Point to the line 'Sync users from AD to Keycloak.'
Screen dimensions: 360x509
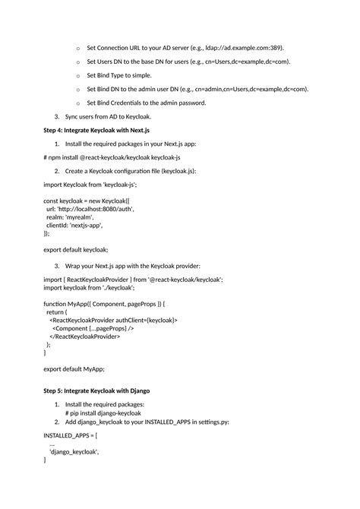tap(108, 116)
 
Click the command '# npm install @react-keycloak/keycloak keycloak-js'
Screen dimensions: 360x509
tap(112, 157)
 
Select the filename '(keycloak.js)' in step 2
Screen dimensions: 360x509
tap(177, 171)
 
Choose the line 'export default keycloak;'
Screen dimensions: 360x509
tap(76, 249)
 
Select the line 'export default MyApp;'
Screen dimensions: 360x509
tap(74, 368)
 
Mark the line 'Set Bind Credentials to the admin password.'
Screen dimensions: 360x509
tap(146, 103)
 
